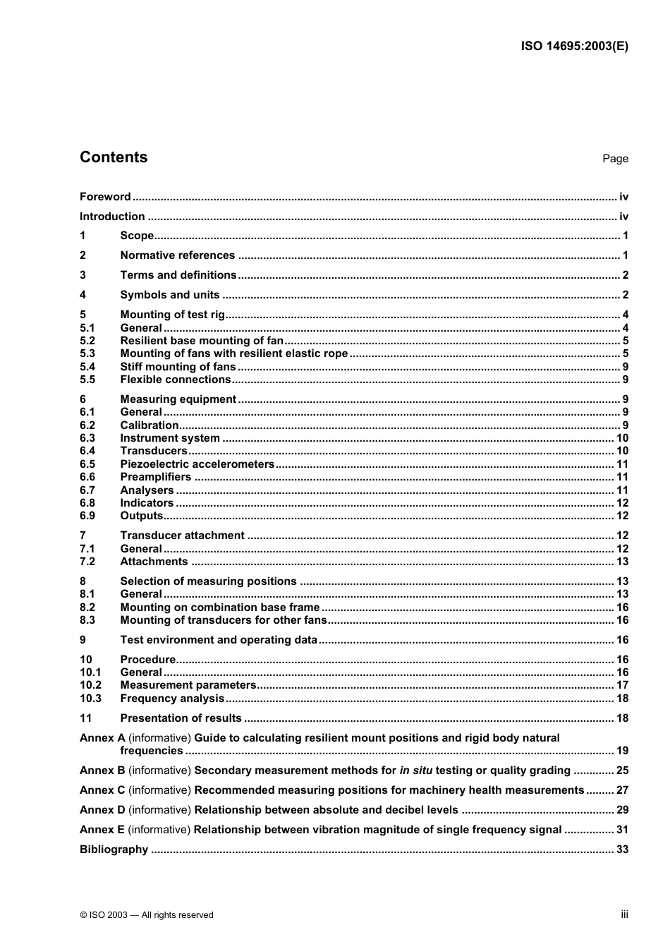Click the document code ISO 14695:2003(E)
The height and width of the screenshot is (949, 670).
click(x=574, y=47)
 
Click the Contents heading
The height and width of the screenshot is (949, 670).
click(x=114, y=157)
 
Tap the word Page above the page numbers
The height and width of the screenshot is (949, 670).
click(x=615, y=159)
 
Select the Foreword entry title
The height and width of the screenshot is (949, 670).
click(x=105, y=197)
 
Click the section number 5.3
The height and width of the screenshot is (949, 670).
click(x=87, y=353)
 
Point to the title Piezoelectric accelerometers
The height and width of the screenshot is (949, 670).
click(x=197, y=464)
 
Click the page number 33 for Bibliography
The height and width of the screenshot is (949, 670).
click(x=622, y=850)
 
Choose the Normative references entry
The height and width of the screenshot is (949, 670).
click(x=177, y=255)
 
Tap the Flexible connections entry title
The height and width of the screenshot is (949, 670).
click(x=176, y=380)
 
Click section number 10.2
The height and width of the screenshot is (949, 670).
click(x=90, y=685)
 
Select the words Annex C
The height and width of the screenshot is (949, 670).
click(x=102, y=790)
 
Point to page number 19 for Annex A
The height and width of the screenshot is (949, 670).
click(x=622, y=751)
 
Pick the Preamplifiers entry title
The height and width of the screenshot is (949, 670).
click(x=156, y=477)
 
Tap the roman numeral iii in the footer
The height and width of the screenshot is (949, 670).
click(x=624, y=914)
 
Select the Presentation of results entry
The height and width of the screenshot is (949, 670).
click(x=181, y=718)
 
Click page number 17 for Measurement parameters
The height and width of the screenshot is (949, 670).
click(x=622, y=685)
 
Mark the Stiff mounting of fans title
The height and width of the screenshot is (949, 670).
click(x=178, y=367)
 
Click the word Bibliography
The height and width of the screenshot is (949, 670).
click(x=114, y=850)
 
